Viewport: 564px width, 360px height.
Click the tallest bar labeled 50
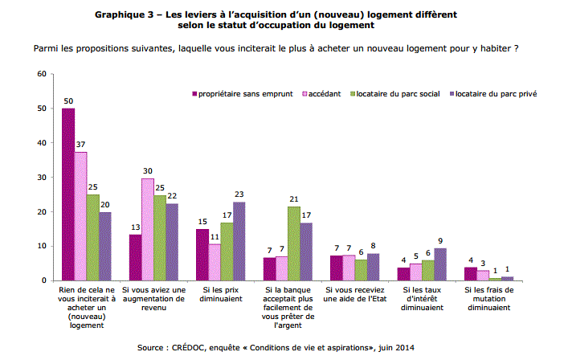68,194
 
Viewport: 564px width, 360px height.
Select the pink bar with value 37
80,216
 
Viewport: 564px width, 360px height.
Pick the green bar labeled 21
294,243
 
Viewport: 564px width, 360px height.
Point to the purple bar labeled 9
440,264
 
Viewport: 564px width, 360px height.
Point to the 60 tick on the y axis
40,74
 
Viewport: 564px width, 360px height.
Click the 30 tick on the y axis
40,178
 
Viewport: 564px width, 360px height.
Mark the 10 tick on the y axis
40,246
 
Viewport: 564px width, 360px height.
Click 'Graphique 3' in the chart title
127,15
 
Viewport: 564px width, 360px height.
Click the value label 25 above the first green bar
93,186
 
